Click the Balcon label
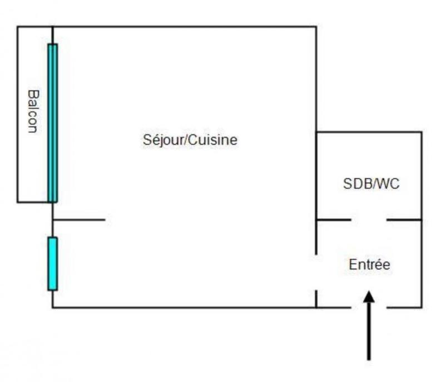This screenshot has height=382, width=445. (x=32, y=112)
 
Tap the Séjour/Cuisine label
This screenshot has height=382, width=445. (x=190, y=140)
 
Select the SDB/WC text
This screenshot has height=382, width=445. (x=372, y=184)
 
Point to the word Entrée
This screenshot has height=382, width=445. (x=369, y=265)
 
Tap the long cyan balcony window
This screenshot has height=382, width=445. (x=53, y=122)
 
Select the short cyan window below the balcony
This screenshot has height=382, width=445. (x=53, y=263)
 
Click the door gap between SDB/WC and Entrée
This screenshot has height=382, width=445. (x=368, y=220)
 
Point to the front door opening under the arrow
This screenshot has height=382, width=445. (x=368, y=306)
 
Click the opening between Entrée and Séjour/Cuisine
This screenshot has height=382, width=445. (x=316, y=272)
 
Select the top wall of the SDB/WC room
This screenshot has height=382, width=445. (x=368, y=132)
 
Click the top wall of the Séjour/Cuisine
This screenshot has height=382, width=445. (x=184, y=26)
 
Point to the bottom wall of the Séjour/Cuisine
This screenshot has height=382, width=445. (x=184, y=307)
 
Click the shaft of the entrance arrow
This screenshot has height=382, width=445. (x=368, y=333)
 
